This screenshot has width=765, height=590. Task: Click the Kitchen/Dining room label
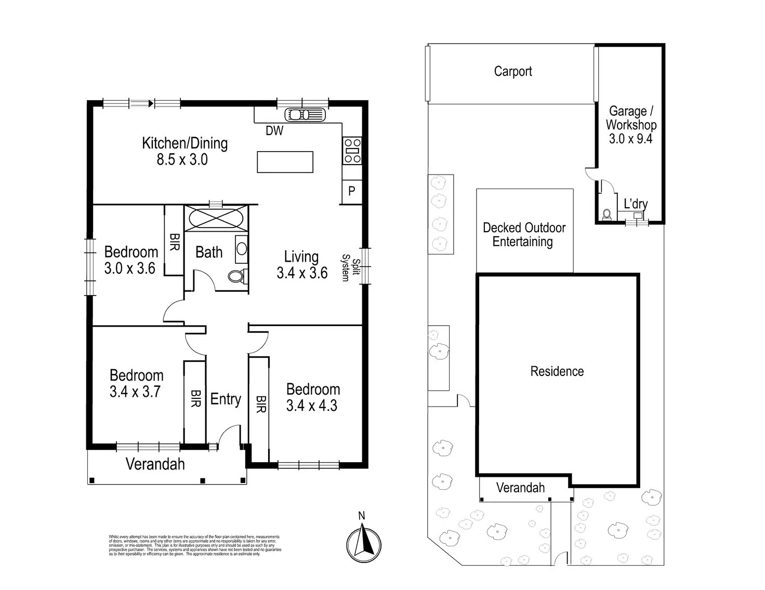184,151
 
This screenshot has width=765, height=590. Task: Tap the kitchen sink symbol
305,114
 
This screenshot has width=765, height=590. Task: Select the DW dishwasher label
274,131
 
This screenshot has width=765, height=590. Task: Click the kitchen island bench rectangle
285,162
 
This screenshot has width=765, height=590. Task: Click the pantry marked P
352,191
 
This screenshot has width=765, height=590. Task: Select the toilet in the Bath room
237,276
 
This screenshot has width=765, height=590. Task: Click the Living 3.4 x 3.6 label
302,264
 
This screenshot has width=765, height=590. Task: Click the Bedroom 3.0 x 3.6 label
130,260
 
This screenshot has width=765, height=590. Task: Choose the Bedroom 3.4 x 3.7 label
136,383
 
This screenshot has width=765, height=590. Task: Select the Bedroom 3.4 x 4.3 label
312,397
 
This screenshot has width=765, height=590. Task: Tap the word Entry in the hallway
226,399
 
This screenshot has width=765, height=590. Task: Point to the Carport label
513,72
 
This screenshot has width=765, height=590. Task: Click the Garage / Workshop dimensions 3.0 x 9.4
630,139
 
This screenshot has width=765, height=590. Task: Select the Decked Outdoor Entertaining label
524,235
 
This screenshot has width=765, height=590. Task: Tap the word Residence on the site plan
557,371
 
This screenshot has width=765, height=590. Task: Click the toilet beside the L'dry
606,213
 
